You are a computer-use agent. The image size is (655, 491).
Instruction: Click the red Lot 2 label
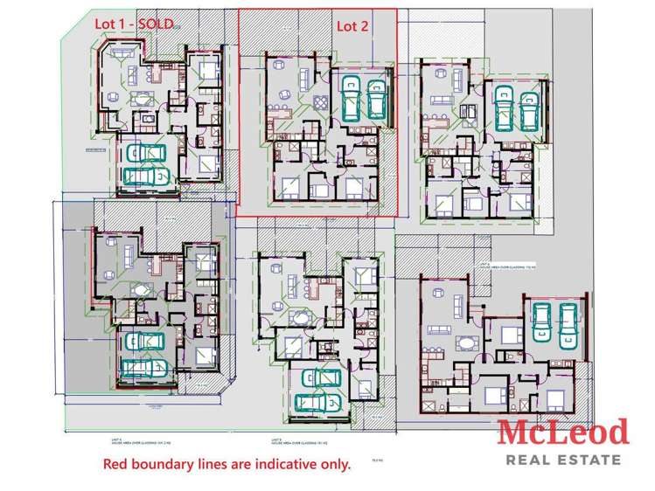(352, 26)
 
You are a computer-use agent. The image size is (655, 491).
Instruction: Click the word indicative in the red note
(266, 464)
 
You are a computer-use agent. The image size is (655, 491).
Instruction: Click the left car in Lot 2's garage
(352, 99)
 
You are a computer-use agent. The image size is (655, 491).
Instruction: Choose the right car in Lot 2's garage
(377, 99)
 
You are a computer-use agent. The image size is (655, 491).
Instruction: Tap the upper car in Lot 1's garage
(145, 155)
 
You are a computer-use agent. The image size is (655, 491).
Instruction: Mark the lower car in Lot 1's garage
(145, 176)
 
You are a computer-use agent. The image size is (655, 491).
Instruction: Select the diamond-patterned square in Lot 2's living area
(321, 103)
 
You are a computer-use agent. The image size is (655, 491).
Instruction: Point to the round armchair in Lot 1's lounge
(115, 95)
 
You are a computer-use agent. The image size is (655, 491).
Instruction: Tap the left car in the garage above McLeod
(541, 321)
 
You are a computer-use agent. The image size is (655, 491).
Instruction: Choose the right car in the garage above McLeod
(568, 321)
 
